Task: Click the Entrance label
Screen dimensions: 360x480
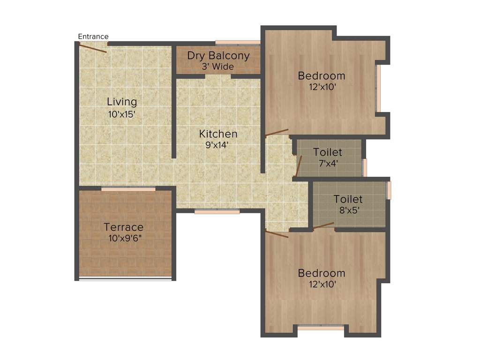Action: [93, 37]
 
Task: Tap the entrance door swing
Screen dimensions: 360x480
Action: [93, 47]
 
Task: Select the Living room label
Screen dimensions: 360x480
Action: [122, 101]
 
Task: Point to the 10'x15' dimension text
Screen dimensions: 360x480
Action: [122, 113]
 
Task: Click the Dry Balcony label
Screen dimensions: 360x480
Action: [218, 55]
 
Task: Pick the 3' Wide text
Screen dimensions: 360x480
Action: [218, 67]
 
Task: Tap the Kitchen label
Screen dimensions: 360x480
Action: [218, 134]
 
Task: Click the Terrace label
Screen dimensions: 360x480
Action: [124, 227]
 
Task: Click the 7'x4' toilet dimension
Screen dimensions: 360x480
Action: [328, 164]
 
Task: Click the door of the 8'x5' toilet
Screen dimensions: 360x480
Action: [323, 226]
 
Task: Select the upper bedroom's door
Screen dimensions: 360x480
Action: [277, 133]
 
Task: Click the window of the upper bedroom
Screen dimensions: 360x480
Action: [378, 88]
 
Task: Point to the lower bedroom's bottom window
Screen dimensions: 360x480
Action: [321, 327]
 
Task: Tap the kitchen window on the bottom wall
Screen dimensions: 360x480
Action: [217, 212]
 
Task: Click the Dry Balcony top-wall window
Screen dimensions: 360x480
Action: [238, 43]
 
